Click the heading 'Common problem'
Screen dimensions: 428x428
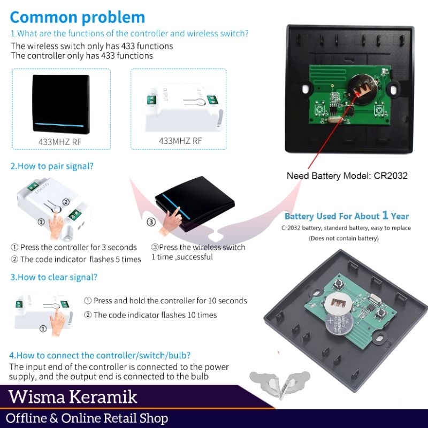(78, 17)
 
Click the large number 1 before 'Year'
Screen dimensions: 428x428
(385, 216)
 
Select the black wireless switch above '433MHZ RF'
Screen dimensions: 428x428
(60, 106)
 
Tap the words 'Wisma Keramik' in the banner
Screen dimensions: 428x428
(73, 397)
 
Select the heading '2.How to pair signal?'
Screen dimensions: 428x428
(51, 166)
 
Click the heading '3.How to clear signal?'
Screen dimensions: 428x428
(53, 277)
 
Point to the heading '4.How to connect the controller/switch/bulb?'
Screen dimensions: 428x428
(100, 355)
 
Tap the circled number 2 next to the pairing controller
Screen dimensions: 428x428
(66, 202)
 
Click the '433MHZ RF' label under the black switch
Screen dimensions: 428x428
(60, 142)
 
